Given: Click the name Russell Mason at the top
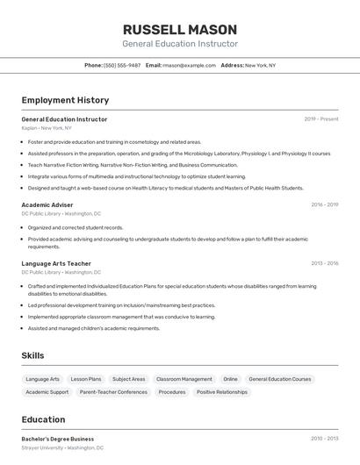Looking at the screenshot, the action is point(179,29).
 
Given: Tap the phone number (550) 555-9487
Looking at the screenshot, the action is point(122,65).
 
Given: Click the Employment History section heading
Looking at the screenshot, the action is point(65,100).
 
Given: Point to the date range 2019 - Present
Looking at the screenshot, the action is point(321,119).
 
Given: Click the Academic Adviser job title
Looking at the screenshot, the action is point(47,204).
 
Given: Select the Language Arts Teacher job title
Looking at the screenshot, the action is point(56,263).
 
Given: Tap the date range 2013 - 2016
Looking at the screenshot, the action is point(324,263).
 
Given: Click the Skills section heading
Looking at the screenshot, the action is point(33,355).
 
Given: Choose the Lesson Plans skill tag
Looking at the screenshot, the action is point(86,379).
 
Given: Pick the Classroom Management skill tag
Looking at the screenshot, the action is point(184,379).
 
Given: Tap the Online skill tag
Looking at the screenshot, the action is point(230,379).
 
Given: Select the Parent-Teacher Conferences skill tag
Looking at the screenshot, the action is point(113,392).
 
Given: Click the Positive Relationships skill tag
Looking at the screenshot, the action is point(222,392).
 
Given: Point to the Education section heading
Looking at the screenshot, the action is point(43,419).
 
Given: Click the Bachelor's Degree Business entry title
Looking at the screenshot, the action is point(57,439).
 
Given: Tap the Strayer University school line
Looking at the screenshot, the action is point(61,447).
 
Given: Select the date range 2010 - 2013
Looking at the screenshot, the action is point(324,439).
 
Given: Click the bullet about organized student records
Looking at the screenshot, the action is point(76,227).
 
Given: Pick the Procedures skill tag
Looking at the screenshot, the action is point(172,392).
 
